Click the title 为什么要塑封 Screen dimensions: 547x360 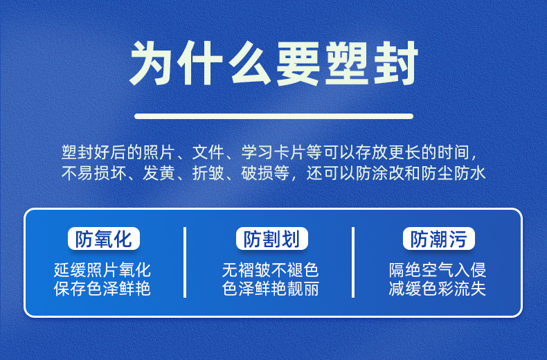pyautogui.click(x=273, y=63)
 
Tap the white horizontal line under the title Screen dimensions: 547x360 pyautogui.click(x=274, y=116)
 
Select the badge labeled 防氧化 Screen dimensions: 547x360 pyautogui.click(x=104, y=239)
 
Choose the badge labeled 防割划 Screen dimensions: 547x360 pyautogui.click(x=271, y=239)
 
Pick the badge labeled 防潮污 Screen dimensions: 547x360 pyautogui.click(x=439, y=239)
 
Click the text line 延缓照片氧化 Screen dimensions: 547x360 pyautogui.click(x=102, y=269)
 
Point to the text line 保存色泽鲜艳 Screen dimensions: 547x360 pyautogui.click(x=102, y=289)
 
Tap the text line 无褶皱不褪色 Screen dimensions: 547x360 pyautogui.click(x=270, y=269)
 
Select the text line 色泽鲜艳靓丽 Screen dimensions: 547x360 pyautogui.click(x=270, y=289)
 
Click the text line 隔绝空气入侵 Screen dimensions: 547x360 pyautogui.click(x=438, y=269)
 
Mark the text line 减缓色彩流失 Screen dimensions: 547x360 pyautogui.click(x=438, y=289)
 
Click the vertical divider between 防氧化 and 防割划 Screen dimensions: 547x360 pyautogui.click(x=185, y=262)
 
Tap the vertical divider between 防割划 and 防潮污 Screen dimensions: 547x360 pyautogui.click(x=353, y=262)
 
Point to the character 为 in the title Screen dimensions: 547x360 pyautogui.click(x=151, y=63)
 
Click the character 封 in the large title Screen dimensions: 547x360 pyautogui.click(x=396, y=63)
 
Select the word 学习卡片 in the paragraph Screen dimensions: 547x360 pyautogui.click(x=274, y=152)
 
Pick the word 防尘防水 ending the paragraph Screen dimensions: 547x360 pyautogui.click(x=453, y=173)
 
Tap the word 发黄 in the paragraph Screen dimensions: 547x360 pyautogui.click(x=159, y=173)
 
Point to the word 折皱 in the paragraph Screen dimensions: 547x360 pyautogui.click(x=208, y=173)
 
